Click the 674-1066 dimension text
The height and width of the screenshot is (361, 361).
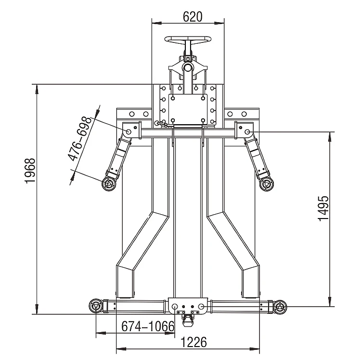[x=147, y=326]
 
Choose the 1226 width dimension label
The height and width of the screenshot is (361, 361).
[x=194, y=342]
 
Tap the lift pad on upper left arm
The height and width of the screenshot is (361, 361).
[x=109, y=183]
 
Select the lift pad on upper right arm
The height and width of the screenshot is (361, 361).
[x=266, y=183]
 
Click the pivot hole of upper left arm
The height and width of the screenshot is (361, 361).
[x=129, y=131]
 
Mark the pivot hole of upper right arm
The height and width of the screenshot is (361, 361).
[x=247, y=131]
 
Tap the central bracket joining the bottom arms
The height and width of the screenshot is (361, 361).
[x=188, y=306]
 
